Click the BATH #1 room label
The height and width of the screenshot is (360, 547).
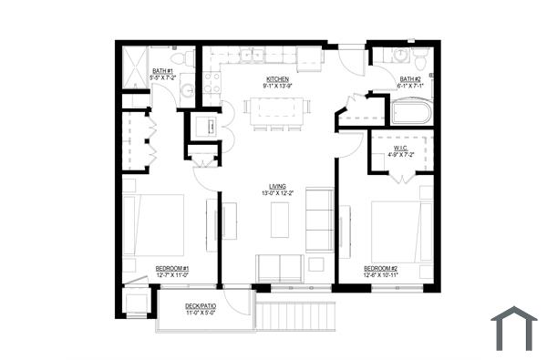[x=164, y=70]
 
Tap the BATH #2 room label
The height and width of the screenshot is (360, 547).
[x=410, y=79]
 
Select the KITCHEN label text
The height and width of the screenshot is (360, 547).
[x=277, y=79]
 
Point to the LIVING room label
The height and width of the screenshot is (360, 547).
[x=279, y=187]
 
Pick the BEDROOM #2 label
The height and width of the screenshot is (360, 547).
[x=379, y=268]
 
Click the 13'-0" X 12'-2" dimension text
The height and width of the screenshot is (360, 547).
[x=279, y=194]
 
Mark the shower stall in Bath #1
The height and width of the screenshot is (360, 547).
[x=136, y=67]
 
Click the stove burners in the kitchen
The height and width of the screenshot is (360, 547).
[x=211, y=85]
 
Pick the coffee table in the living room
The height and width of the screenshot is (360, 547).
[x=279, y=219]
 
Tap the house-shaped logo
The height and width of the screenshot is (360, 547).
[x=514, y=329]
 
